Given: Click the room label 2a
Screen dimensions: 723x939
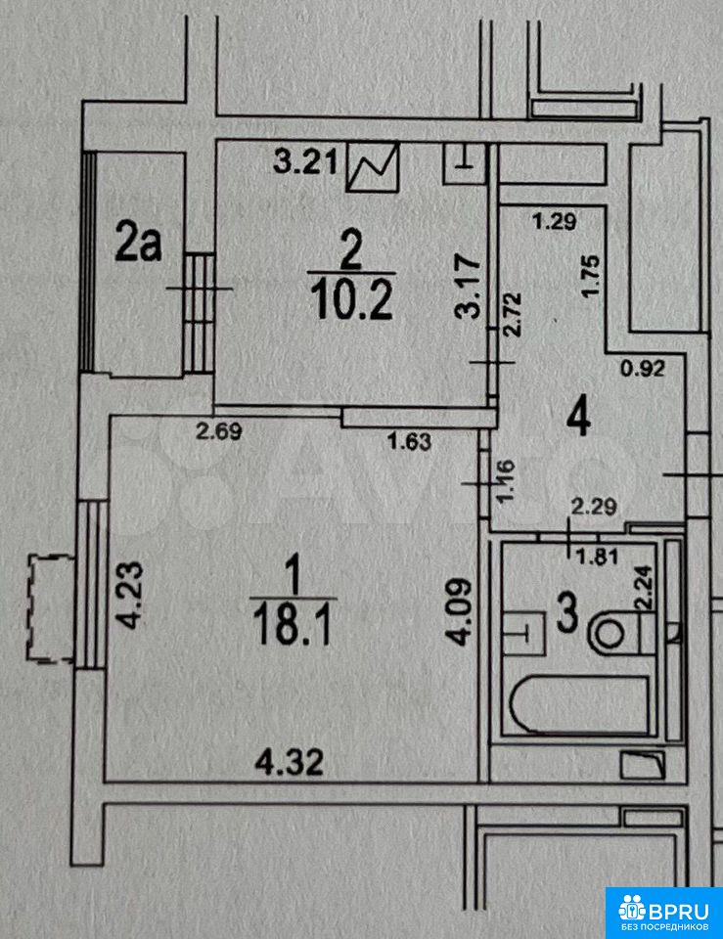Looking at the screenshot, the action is [x=138, y=241].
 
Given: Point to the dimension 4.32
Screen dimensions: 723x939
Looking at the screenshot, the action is [x=290, y=762].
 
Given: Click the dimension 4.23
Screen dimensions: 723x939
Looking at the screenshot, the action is [x=131, y=594].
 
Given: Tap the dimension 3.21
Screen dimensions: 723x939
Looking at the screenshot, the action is [x=305, y=160].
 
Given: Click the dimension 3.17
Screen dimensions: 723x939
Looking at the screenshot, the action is [x=468, y=287].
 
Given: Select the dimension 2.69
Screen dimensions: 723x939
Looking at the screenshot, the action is [x=220, y=431].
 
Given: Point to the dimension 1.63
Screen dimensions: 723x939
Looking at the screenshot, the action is [x=410, y=442].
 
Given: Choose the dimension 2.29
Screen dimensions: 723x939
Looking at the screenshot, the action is [x=594, y=508].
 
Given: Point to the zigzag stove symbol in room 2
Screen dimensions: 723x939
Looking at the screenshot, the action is [x=373, y=166].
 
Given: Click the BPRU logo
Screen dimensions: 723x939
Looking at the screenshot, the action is [x=664, y=913].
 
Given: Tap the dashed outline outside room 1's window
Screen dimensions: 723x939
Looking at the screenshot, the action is [x=50, y=608].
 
